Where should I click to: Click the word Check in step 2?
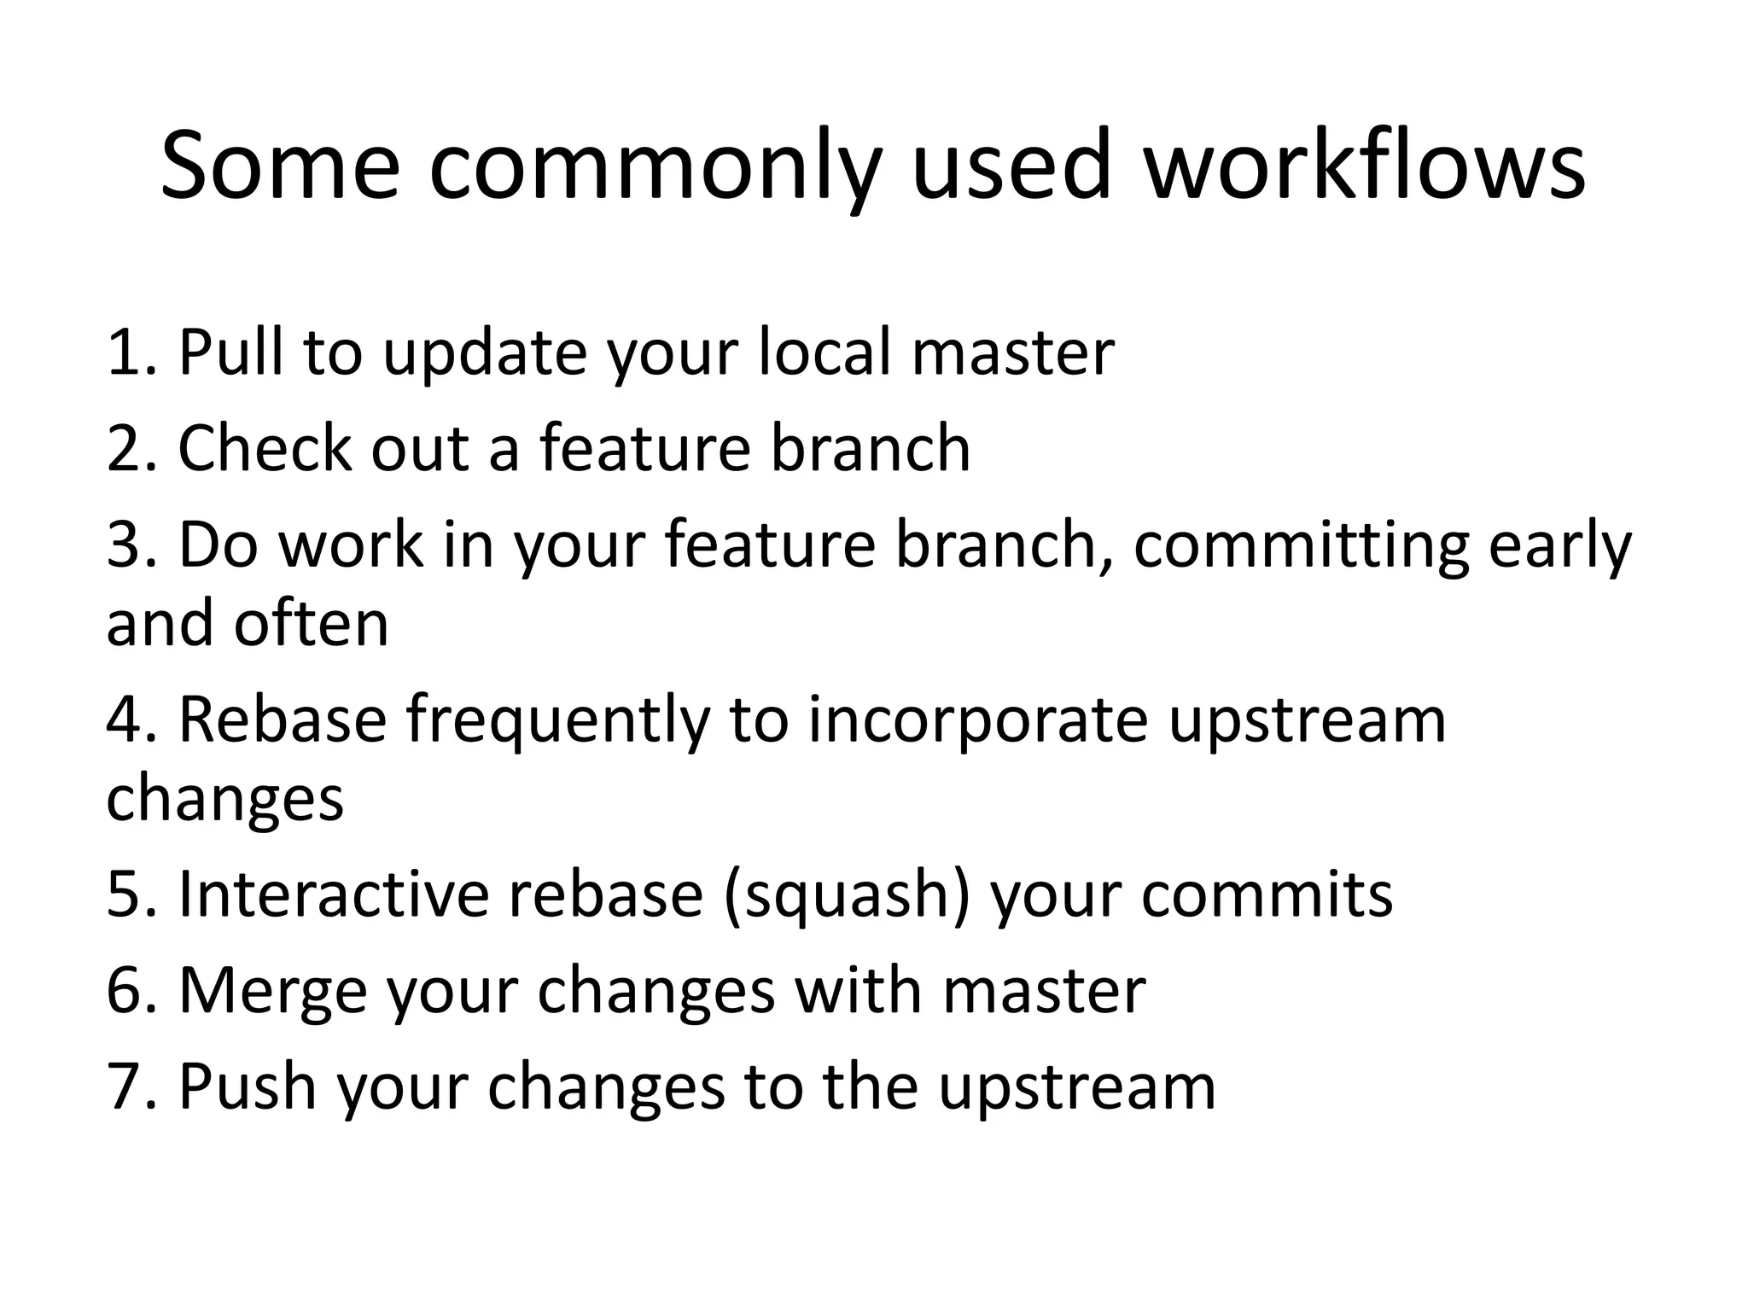pyautogui.click(x=264, y=448)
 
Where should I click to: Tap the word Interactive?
pyautogui.click(x=333, y=894)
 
